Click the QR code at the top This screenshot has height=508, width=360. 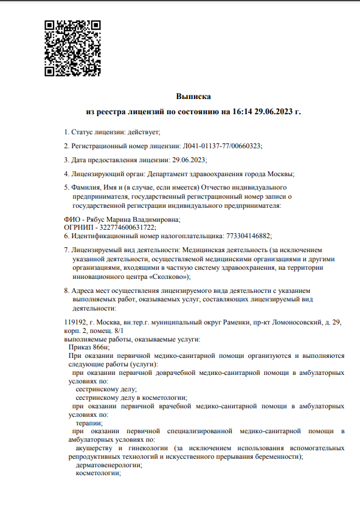point(72,48)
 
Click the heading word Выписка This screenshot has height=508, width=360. point(193,96)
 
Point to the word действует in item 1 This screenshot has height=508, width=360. point(144,132)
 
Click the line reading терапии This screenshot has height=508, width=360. point(89,422)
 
